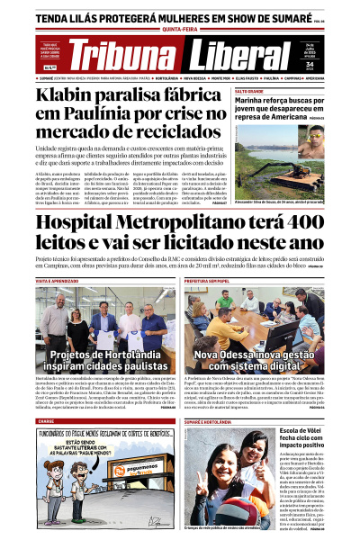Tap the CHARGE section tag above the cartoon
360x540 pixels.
click(46, 420)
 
